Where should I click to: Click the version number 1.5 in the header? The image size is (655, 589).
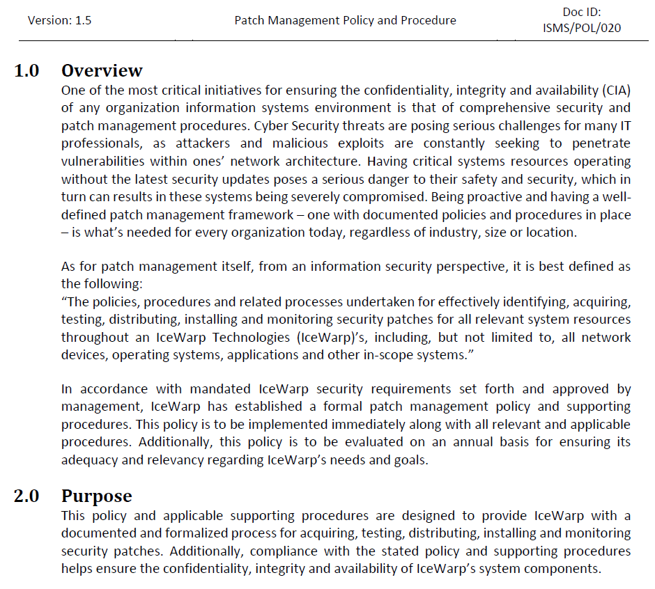84,20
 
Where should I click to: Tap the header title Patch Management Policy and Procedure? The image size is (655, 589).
345,20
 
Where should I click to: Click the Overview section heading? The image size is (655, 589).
102,70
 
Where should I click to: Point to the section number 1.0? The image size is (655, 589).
26,70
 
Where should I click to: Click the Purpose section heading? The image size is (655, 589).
96,496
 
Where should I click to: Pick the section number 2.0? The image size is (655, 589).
26,496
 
